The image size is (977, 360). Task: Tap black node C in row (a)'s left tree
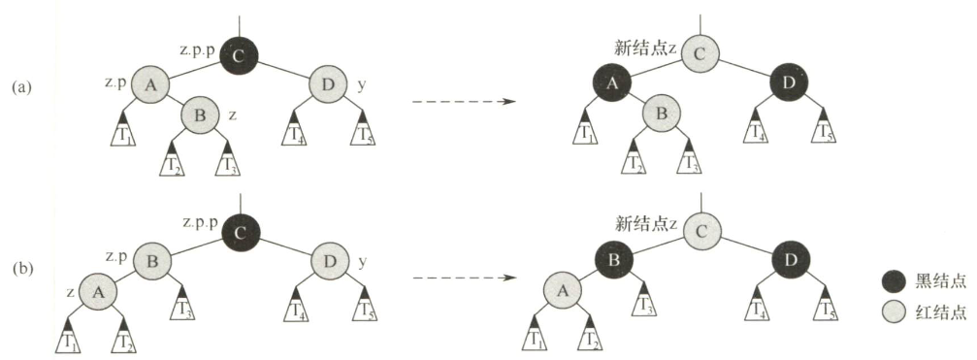coord(238,53)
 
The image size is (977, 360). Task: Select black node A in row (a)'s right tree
coord(611,84)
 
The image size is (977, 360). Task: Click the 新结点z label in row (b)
coord(645,223)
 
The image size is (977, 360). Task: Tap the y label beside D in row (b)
coord(361,262)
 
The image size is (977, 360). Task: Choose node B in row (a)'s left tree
coord(201,115)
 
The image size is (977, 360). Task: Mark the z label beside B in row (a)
coord(232,115)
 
